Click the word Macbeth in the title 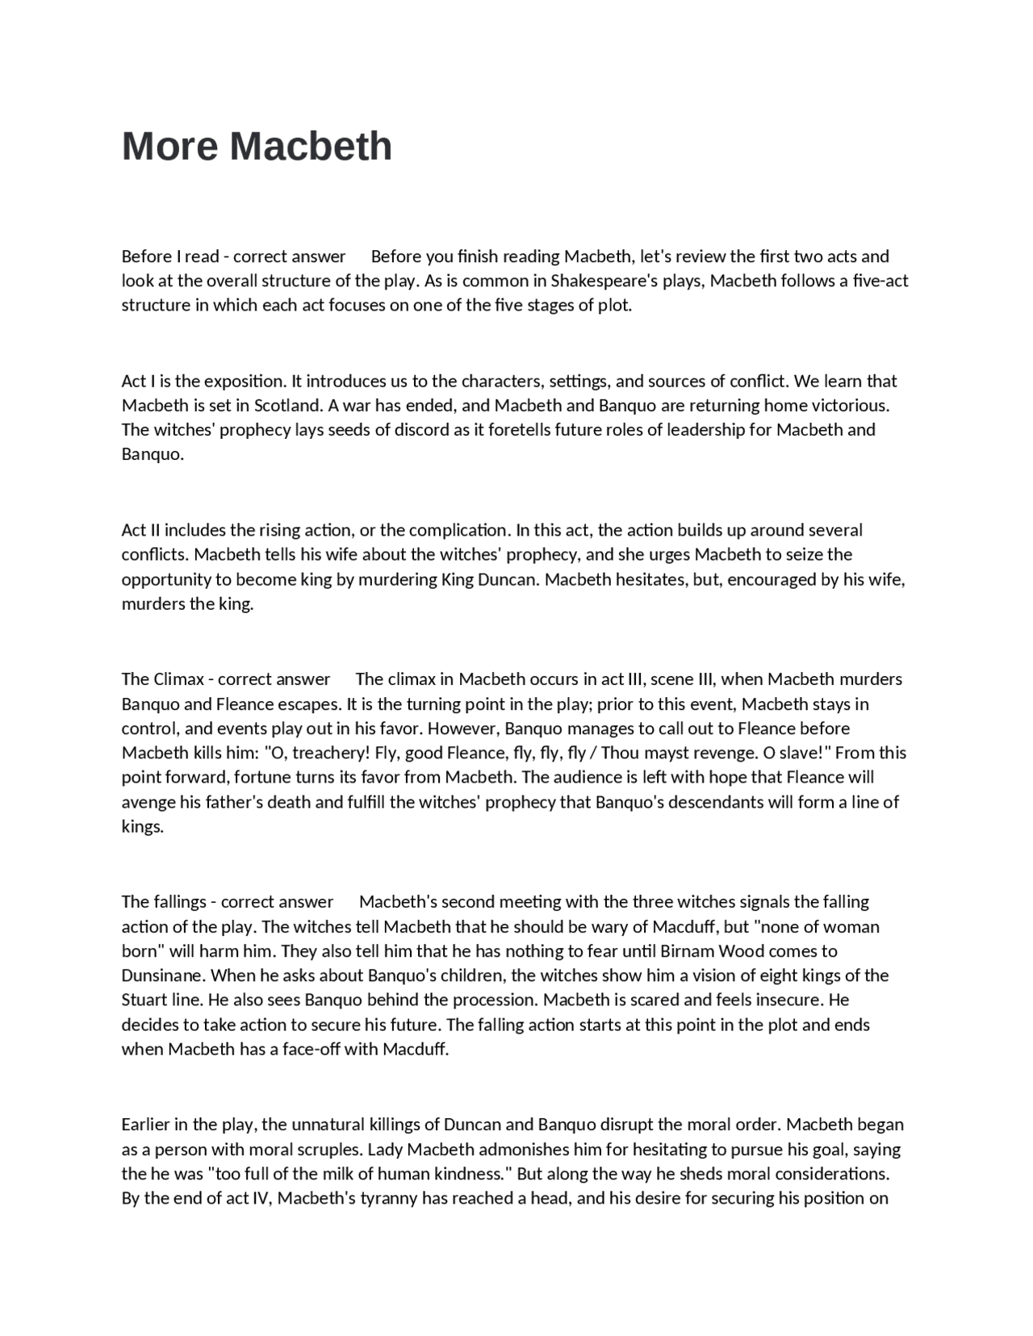click(311, 147)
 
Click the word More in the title click(169, 147)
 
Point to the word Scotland click(288, 405)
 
